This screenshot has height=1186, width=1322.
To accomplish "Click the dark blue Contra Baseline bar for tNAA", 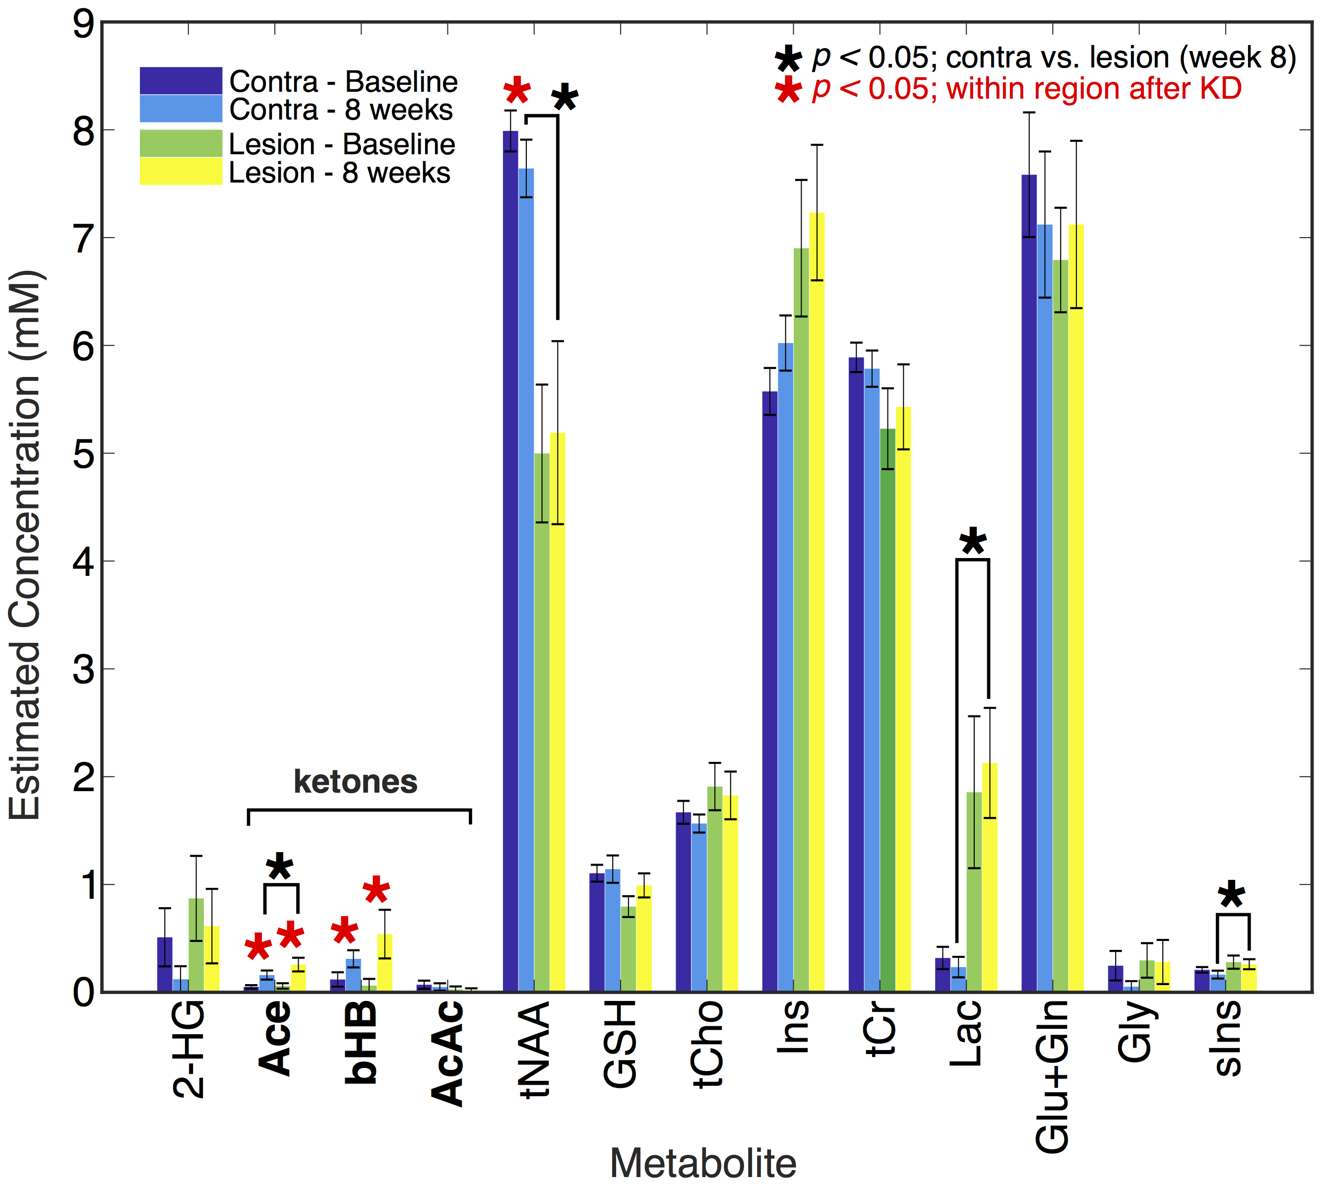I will click(510, 561).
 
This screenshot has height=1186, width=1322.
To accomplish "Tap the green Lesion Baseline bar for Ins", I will click(801, 619).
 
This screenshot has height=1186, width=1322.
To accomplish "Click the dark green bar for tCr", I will click(887, 710).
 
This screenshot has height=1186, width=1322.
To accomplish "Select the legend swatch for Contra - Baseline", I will click(181, 81).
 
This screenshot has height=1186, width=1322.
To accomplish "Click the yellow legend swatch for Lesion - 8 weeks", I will click(181, 172).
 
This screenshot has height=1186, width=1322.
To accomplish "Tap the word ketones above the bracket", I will click(355, 781).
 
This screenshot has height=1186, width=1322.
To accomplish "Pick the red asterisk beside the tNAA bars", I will click(517, 91).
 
